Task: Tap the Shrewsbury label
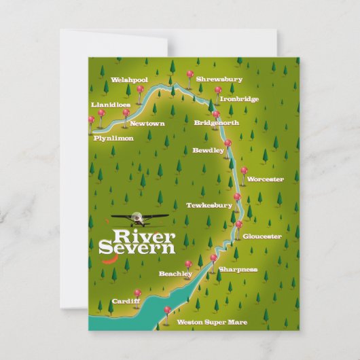point(219,79)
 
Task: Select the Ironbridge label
point(238,99)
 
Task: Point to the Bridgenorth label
point(216,123)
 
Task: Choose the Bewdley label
point(208,150)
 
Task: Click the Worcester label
point(265,179)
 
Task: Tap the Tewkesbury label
point(209,205)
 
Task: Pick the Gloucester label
point(262,236)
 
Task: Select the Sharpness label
point(238,270)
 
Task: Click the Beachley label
point(175,274)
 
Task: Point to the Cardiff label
point(126,300)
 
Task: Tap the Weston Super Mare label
point(212,322)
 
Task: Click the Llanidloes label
point(111,105)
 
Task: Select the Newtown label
point(147,124)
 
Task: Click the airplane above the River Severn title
point(140,219)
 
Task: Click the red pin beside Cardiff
point(137,293)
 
